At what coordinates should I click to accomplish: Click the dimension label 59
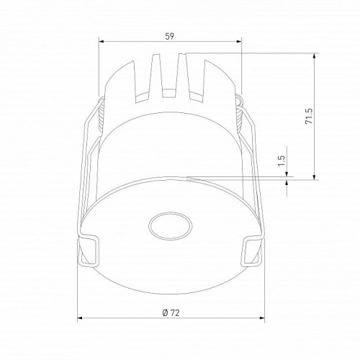coord(170,36)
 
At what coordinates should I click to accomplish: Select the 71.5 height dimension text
coord(309,116)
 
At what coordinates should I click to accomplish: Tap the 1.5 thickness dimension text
coord(282,161)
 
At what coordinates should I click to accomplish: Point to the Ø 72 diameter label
coord(171,312)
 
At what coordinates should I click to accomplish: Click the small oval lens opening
coord(171,226)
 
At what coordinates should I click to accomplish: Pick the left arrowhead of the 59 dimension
coord(101,42)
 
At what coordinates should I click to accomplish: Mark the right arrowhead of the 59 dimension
coord(239,42)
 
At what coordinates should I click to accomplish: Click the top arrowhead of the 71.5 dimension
coord(315,55)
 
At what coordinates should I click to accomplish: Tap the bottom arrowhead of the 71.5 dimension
coord(315,177)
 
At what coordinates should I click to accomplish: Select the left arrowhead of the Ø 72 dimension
coord(80,318)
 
